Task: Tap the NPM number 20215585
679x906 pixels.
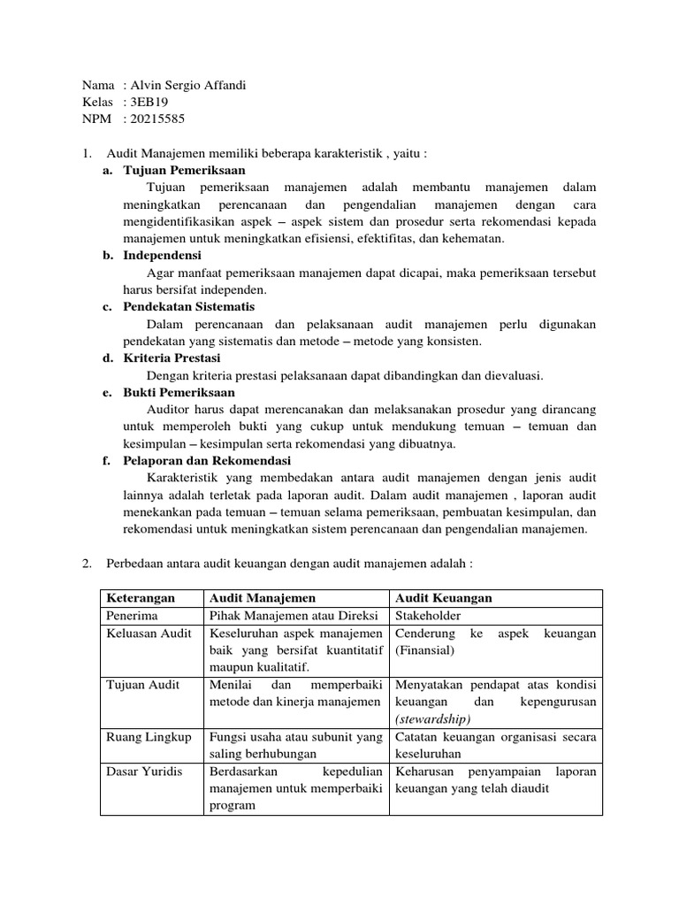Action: (157, 119)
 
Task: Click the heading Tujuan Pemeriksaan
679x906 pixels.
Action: (184, 170)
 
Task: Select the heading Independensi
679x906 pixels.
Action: (163, 255)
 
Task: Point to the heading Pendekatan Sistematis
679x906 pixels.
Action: (189, 306)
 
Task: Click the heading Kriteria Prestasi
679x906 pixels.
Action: (172, 357)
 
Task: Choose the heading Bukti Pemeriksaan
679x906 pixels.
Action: (179, 392)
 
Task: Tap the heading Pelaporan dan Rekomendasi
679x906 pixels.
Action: (207, 461)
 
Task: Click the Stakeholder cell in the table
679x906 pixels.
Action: (428, 617)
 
